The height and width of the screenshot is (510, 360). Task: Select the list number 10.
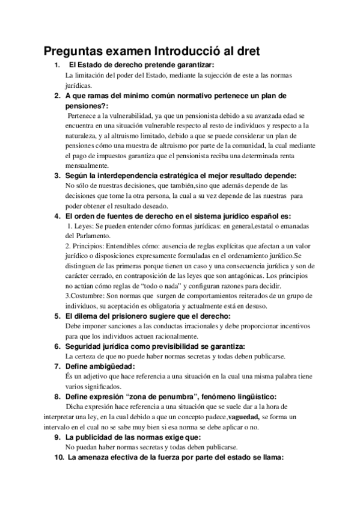click(x=58, y=457)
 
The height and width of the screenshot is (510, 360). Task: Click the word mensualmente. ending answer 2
click(x=87, y=165)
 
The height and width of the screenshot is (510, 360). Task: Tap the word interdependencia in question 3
click(x=136, y=176)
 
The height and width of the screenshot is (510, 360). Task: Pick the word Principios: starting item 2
click(x=91, y=245)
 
